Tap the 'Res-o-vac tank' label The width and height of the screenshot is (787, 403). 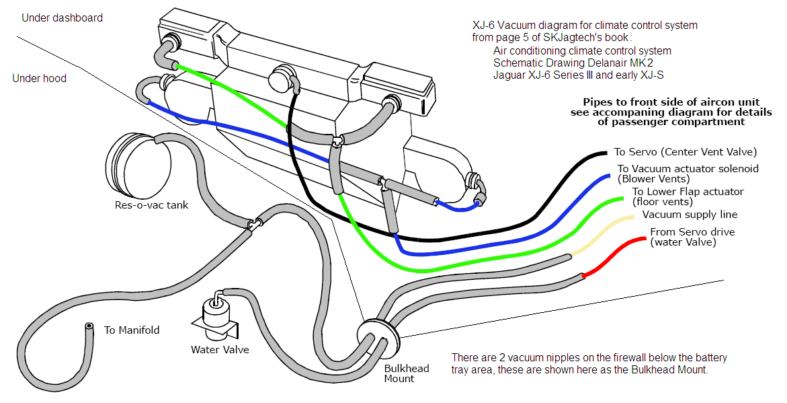pos(151,205)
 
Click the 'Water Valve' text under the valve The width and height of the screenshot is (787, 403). pos(220,349)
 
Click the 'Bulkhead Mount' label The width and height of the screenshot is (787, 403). pos(399,373)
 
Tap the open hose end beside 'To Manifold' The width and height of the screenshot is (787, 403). pos(88,328)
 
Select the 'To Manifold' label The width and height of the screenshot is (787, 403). pos(132,330)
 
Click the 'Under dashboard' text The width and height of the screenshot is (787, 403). pos(63,18)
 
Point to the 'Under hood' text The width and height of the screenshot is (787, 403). pos(40,78)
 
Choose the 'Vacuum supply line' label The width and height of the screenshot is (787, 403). pos(690,215)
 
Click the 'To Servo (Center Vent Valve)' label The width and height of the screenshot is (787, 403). pos(685,152)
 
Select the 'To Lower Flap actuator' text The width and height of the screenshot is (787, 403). pos(688,192)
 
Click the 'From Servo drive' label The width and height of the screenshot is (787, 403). pos(692,232)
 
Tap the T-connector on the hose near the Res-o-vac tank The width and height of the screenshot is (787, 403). pos(253,222)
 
